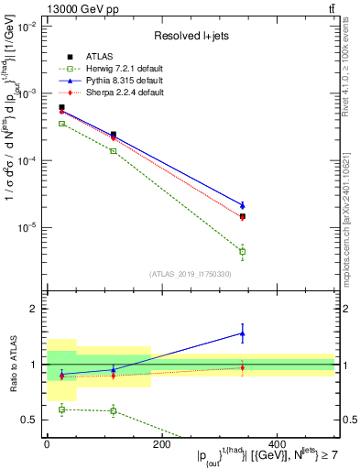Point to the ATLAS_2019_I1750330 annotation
190,273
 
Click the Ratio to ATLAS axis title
11,365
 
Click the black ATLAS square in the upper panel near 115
113,135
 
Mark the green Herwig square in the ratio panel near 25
61,409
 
